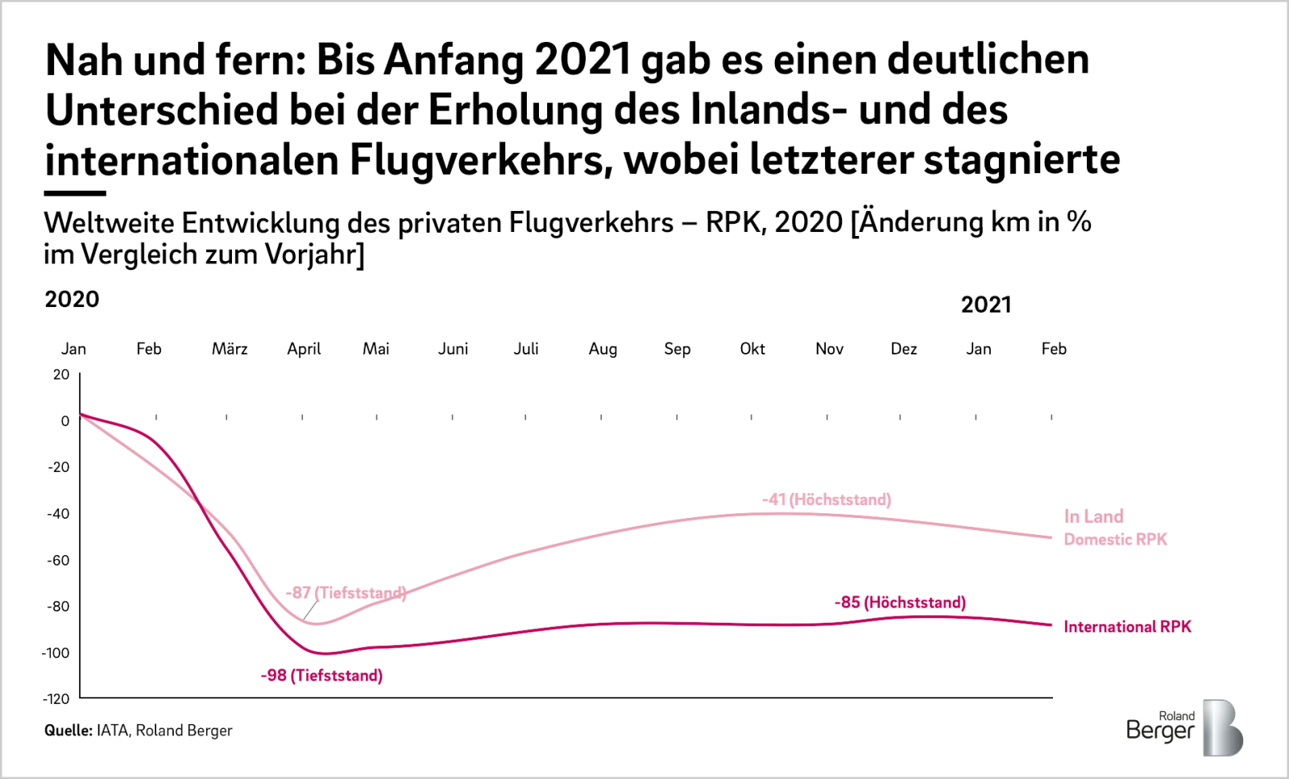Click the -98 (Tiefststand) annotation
[x=321, y=675]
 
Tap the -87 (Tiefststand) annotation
[x=346, y=593]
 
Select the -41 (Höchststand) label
[x=827, y=499]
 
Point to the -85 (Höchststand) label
[x=900, y=603]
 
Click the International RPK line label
[x=1127, y=627]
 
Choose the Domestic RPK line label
[x=1115, y=539]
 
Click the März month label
[x=230, y=349]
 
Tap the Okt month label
[x=752, y=349]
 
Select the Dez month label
[x=904, y=349]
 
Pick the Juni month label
[x=453, y=349]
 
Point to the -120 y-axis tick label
[x=56, y=698]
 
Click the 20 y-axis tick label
[x=61, y=375]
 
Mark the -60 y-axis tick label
[x=58, y=560]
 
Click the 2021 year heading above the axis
[x=986, y=305]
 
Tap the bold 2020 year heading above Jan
[x=72, y=300]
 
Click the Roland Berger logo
[x=1183, y=727]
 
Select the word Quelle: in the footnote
[x=68, y=731]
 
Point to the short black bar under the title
[x=75, y=193]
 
